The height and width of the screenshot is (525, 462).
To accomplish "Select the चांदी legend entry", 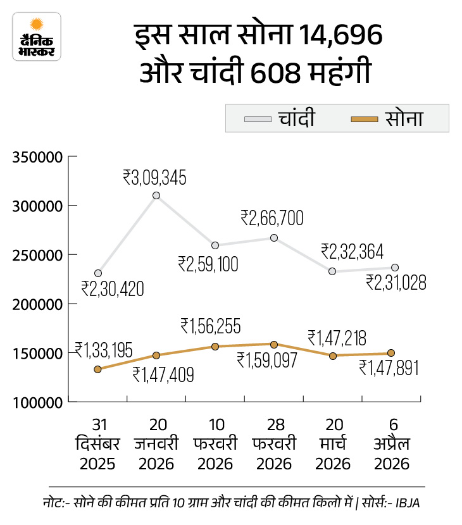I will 279,118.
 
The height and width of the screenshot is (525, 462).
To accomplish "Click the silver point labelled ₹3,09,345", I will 156,195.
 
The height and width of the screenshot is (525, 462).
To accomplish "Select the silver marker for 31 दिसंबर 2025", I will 98,273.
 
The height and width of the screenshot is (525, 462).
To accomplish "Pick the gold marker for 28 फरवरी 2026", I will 274,345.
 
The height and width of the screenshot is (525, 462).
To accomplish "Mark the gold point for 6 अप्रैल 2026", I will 391,353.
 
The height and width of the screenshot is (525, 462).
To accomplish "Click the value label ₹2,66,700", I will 272,219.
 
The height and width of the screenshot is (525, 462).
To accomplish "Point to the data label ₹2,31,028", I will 396,282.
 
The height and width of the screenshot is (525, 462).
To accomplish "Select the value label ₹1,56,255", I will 210,326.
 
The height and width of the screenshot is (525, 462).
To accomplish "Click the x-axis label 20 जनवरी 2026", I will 156,445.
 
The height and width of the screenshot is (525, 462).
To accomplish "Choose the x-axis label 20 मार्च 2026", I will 333,445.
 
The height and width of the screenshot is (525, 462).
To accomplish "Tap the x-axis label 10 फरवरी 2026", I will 215,445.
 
